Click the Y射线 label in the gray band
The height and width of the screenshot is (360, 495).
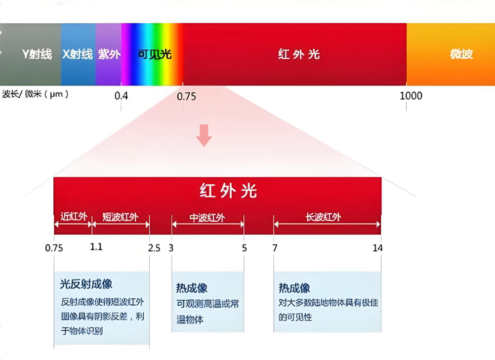[x=37, y=54]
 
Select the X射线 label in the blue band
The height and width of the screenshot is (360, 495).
[x=78, y=54]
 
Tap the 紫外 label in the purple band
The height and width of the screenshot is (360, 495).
[x=109, y=54]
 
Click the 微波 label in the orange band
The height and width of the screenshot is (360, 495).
[x=461, y=54]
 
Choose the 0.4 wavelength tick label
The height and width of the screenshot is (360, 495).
[x=121, y=96]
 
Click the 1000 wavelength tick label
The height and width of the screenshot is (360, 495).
[x=411, y=96]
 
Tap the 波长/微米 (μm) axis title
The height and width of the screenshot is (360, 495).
[x=35, y=94]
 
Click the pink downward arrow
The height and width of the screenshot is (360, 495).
[x=204, y=135]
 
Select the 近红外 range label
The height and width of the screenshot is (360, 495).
[x=73, y=216]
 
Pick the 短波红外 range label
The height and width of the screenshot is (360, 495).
[x=121, y=216]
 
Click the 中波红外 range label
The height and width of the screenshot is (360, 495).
[x=207, y=217]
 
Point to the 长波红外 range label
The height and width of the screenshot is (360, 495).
[x=324, y=217]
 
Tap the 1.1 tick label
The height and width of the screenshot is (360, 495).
[x=96, y=247]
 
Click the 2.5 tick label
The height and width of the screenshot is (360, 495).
[x=154, y=248]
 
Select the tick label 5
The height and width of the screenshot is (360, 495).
[x=244, y=248]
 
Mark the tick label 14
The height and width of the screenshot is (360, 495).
[x=377, y=248]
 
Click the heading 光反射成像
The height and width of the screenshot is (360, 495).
[x=86, y=284]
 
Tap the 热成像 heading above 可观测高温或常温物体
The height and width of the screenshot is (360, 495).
[x=192, y=288]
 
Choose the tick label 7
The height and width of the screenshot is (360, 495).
[x=275, y=248]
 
